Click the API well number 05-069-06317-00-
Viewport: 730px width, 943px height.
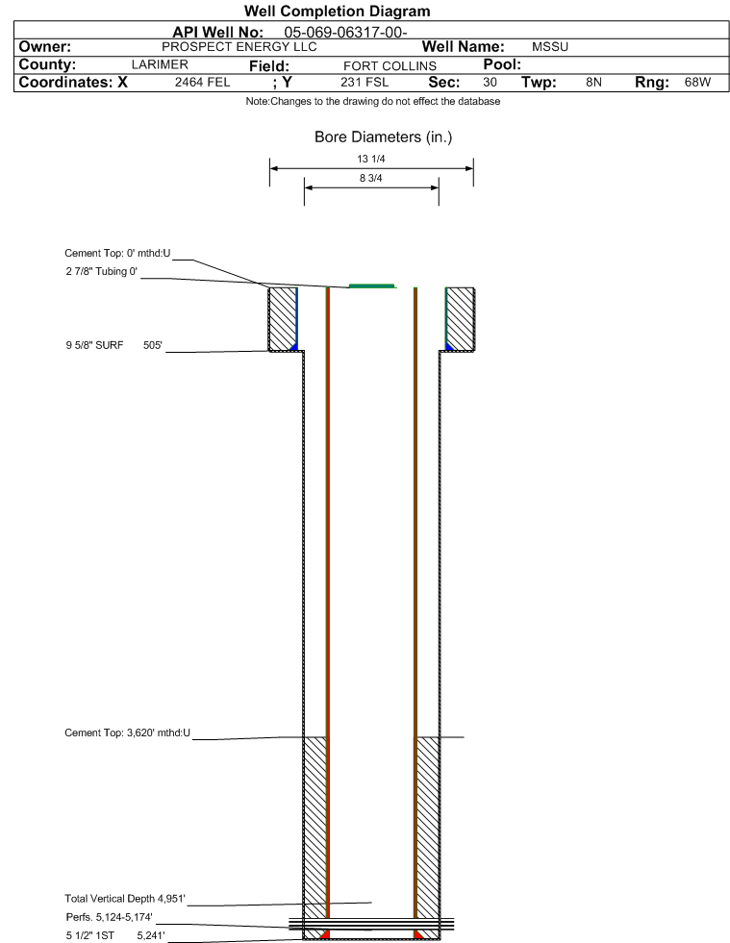point(345,32)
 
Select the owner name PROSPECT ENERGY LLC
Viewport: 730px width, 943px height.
point(239,47)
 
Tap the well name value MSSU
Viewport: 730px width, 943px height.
point(550,47)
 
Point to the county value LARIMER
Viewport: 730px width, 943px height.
point(160,64)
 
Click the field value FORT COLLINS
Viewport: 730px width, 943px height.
point(390,65)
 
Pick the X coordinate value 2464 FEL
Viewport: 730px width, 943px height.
point(202,82)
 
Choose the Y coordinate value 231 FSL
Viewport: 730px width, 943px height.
point(365,82)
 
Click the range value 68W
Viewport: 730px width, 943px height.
point(697,82)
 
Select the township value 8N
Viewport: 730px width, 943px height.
point(594,82)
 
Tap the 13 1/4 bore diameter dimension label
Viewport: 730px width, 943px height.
point(370,159)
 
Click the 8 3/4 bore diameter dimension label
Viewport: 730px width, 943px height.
point(370,178)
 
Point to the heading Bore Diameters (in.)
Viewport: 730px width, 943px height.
point(384,137)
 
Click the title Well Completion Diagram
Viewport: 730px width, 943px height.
point(337,11)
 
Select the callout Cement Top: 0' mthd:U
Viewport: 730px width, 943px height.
point(118,253)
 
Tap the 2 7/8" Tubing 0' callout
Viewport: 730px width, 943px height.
point(102,271)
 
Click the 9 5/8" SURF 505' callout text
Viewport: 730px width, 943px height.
point(114,345)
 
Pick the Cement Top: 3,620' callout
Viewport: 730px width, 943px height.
point(128,732)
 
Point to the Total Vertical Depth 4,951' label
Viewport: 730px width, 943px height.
point(125,899)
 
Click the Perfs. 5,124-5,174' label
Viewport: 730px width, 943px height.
point(109,917)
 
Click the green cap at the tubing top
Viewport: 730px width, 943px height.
point(372,286)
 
